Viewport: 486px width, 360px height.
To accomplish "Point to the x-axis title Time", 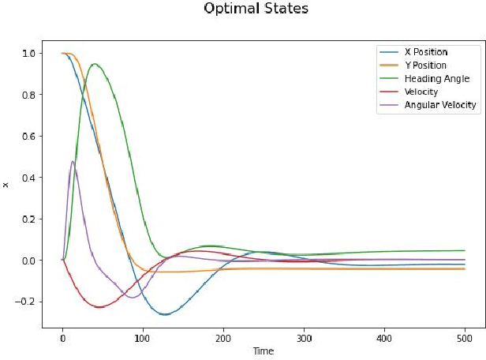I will click(263, 351).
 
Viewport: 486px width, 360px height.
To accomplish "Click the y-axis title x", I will click(6, 185).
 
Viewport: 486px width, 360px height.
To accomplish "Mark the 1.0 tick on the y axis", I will click(28, 54).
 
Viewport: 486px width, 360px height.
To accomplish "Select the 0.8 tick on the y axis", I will click(28, 95).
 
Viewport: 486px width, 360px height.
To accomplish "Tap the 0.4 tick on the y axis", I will click(28, 178).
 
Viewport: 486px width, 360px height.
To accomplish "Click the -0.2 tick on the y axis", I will click(25, 302).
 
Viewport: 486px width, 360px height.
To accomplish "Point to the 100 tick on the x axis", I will click(143, 338).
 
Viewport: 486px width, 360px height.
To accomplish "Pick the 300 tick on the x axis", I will click(304, 338).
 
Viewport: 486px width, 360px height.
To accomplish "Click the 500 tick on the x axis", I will click(464, 338).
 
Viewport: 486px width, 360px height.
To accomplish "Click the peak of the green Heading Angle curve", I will click(95, 64).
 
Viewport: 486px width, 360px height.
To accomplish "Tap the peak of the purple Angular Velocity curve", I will click(73, 162).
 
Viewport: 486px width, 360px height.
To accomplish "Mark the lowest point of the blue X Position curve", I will click(165, 314).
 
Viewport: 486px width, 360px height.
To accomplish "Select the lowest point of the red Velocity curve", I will click(99, 307).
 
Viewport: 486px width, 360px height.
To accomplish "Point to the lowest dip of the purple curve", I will click(132, 297).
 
